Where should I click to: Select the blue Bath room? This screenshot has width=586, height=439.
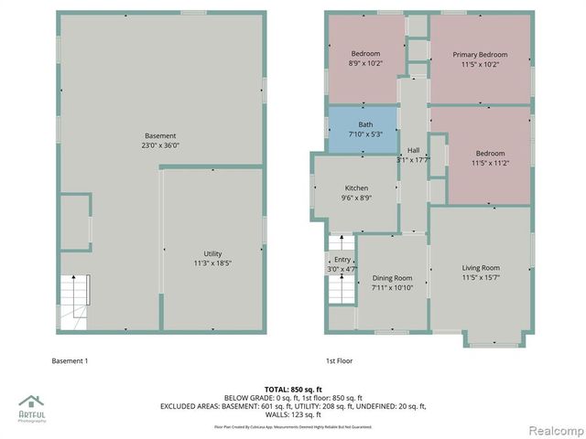coord(364,129)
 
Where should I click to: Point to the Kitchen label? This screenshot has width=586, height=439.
coord(356,187)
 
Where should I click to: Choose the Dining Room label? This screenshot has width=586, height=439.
coord(392,278)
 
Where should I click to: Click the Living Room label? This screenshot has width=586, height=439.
coord(481,268)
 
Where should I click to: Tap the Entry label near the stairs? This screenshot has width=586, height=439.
coord(342,260)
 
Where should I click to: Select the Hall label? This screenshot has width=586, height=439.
coord(413,150)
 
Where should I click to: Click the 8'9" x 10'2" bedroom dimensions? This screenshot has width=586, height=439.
coord(365,64)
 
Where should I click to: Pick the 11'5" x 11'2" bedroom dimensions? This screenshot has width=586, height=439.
coord(490,163)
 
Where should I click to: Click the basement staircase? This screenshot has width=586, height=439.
coord(75,302)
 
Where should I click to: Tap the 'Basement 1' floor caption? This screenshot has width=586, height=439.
coord(70,361)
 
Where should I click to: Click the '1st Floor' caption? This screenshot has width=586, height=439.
coord(339,361)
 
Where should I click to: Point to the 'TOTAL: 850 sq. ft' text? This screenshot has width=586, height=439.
coord(292,390)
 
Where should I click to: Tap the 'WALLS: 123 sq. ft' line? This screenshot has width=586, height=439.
coord(292,414)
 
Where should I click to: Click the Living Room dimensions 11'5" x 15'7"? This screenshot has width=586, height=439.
coord(481,278)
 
